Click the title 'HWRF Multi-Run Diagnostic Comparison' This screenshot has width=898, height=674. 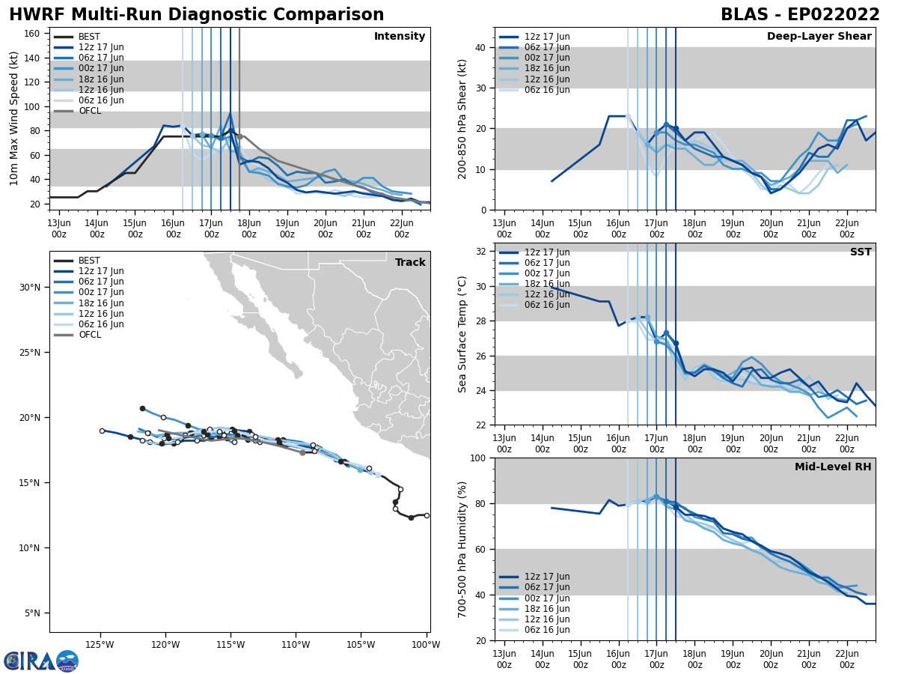196,15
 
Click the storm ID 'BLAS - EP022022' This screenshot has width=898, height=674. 800,15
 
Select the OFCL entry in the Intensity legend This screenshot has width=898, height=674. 89,111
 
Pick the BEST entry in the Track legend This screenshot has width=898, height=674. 89,261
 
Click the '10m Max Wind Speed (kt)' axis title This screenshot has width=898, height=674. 14,118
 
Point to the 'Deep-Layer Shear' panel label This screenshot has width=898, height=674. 819,37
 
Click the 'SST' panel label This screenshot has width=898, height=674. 860,252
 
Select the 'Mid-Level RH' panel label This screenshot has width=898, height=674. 833,467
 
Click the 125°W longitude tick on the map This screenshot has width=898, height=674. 99,644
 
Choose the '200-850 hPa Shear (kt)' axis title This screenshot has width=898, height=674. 462,118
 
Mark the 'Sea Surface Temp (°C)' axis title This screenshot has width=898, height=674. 462,334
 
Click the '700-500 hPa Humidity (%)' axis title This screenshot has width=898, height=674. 462,549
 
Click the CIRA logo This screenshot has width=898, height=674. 41,661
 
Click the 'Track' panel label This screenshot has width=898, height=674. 410,262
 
